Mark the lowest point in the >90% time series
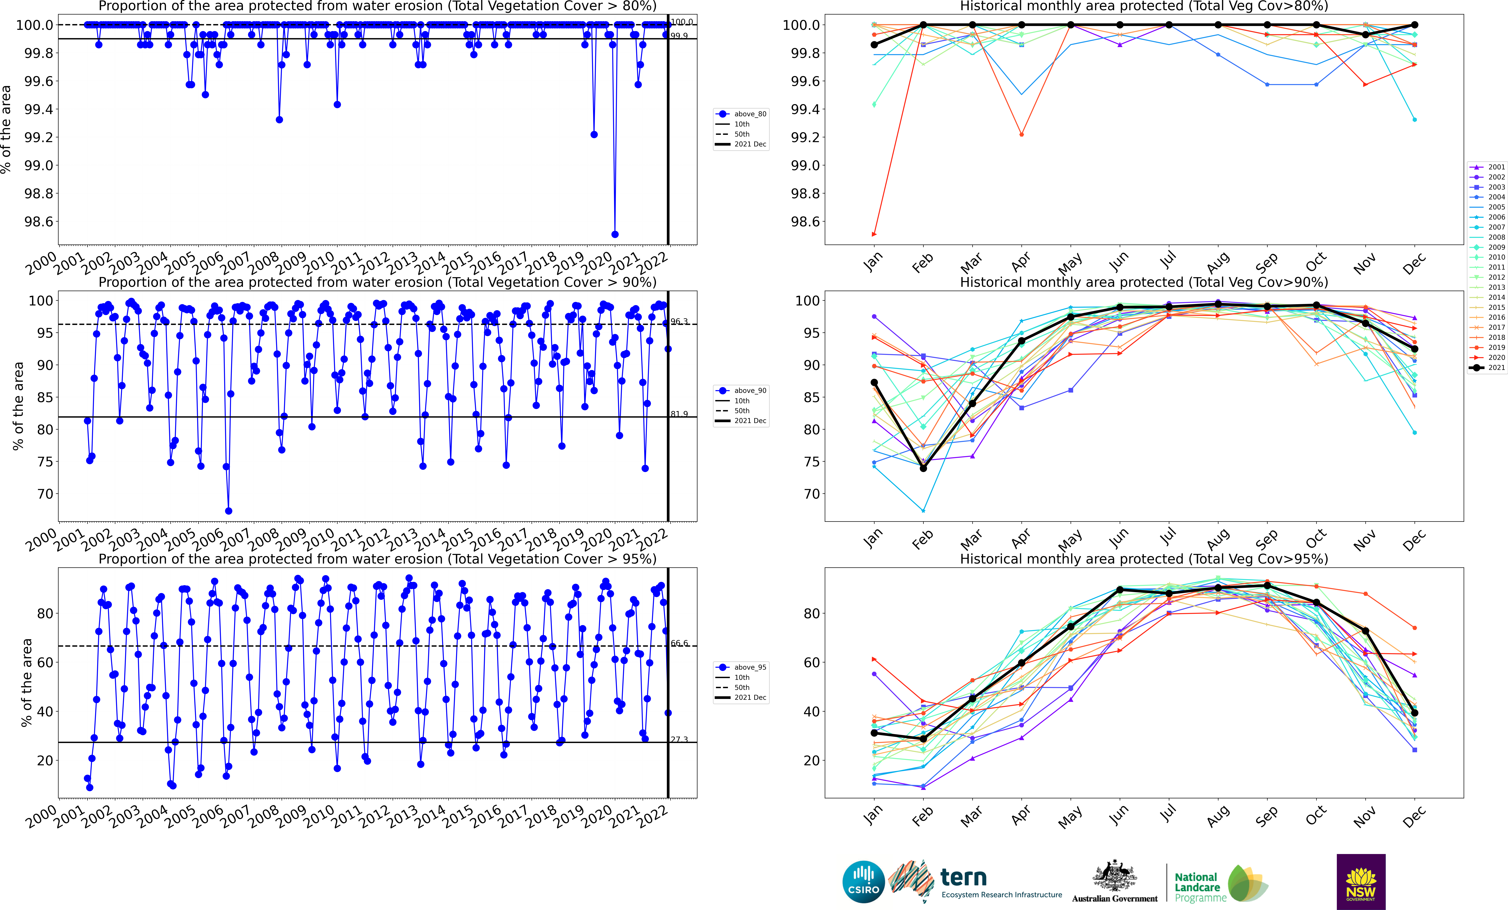point(228,511)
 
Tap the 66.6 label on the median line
point(679,643)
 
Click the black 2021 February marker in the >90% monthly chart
point(923,468)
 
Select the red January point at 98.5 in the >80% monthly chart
point(874,234)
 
